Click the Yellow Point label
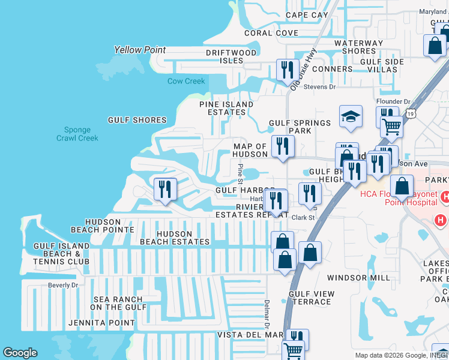click(x=140, y=50)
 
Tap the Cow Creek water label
click(x=186, y=81)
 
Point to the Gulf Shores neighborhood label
click(x=137, y=120)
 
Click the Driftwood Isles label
click(x=231, y=56)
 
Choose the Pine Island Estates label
click(x=226, y=108)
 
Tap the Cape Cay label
click(x=307, y=15)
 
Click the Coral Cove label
click(x=271, y=33)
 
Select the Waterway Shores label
click(x=359, y=47)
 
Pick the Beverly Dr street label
click(x=63, y=285)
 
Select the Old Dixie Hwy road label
click(x=303, y=70)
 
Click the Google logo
click(x=20, y=353)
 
